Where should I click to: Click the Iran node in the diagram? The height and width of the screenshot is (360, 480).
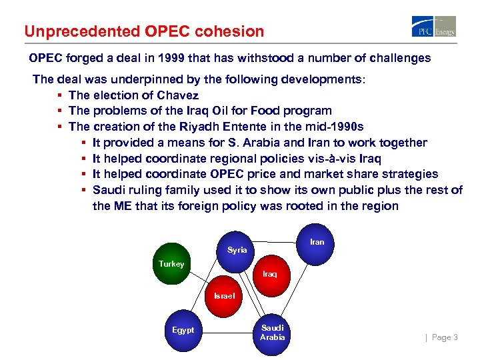(x=317, y=242)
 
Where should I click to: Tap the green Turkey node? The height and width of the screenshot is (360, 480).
(x=171, y=265)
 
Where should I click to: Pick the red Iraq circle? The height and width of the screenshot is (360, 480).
(x=269, y=274)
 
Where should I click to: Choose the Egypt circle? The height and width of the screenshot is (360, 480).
(x=183, y=330)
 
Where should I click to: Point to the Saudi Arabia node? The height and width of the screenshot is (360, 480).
(x=272, y=332)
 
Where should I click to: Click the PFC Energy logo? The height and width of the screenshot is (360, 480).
(x=434, y=26)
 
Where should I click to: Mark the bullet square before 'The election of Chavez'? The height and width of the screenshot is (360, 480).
(x=60, y=95)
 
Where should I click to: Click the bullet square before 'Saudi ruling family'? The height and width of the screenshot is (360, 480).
(x=84, y=190)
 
